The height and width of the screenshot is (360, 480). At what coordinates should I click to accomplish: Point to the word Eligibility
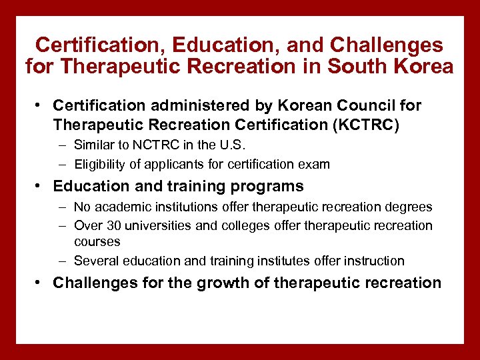(101, 163)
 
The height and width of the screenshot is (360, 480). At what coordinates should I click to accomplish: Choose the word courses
(97, 241)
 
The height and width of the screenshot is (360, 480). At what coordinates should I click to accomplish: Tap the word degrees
(407, 207)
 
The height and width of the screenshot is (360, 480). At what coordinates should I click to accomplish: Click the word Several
(95, 261)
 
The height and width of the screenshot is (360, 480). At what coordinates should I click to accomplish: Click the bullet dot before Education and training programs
(41, 186)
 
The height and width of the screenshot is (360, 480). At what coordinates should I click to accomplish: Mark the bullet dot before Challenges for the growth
(41, 283)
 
